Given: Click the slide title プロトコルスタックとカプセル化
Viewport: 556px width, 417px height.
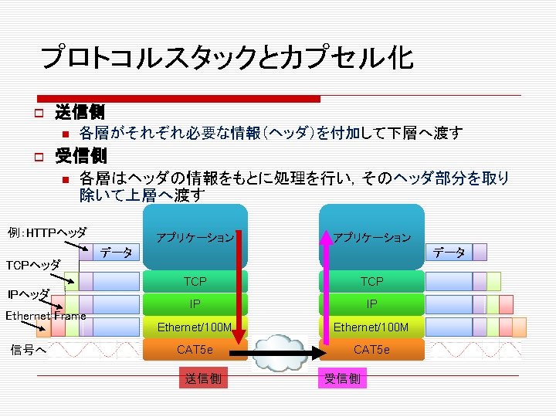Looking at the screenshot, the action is pyautogui.click(x=226, y=57).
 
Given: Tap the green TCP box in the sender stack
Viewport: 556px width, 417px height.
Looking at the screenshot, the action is pyautogui.click(x=195, y=282).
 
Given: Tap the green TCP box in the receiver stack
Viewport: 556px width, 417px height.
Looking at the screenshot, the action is pyautogui.click(x=372, y=282).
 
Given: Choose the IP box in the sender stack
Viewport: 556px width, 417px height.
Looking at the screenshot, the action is pyautogui.click(x=195, y=304).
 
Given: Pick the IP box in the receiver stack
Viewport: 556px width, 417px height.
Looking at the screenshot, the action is pyautogui.click(x=372, y=304).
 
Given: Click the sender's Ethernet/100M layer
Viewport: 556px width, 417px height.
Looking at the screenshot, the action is pyautogui.click(x=195, y=327).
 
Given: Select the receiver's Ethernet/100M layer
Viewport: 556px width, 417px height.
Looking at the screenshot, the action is pyautogui.click(x=372, y=327).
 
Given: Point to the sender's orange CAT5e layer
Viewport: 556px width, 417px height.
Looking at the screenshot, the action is pyautogui.click(x=195, y=350).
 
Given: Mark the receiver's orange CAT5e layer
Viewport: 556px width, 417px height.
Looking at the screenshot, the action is pyautogui.click(x=372, y=350).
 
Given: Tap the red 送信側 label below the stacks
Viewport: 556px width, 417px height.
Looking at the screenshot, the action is pyautogui.click(x=202, y=378).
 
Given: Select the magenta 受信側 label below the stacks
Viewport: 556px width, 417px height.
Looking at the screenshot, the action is pyautogui.click(x=341, y=378).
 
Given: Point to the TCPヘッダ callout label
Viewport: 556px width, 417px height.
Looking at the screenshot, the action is pyautogui.click(x=33, y=265).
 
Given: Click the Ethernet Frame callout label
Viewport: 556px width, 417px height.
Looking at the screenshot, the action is pyautogui.click(x=46, y=316).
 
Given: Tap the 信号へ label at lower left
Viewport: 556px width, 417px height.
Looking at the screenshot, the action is pyautogui.click(x=28, y=349).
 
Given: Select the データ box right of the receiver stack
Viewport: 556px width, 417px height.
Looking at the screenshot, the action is pyautogui.click(x=449, y=253).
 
